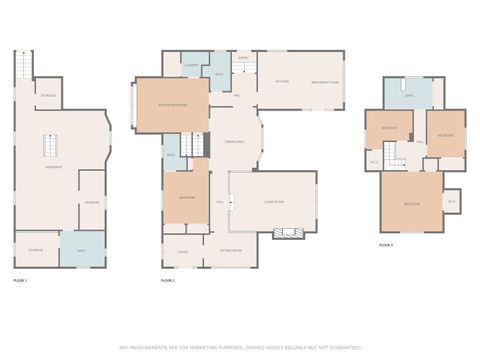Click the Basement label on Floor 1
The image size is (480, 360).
tap(55, 167)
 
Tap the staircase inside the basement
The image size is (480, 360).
tap(50, 146)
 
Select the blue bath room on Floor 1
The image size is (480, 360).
tap(81, 250)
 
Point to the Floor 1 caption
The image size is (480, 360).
tap(20, 281)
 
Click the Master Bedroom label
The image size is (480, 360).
tap(172, 104)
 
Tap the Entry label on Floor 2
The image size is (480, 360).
tap(243, 58)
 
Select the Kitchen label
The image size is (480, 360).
tap(282, 81)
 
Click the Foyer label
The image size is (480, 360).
tap(182, 251)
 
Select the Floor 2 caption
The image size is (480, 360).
tap(168, 281)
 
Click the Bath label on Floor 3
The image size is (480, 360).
tap(409, 95)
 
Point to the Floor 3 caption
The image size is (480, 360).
tap(386, 244)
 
